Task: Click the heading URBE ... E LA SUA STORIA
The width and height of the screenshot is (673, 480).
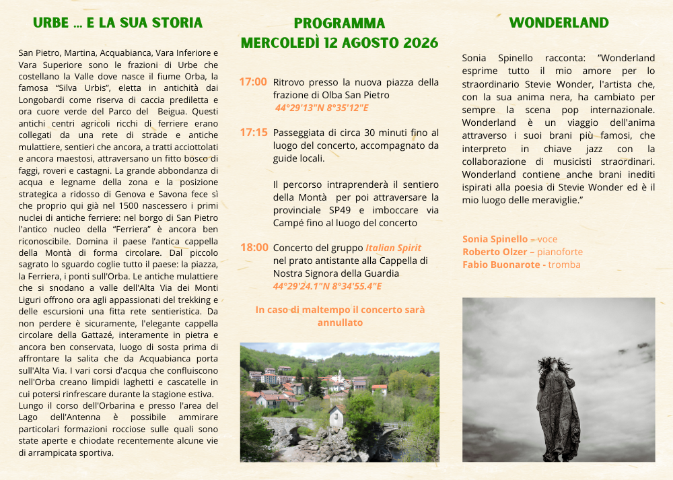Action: click(x=118, y=23)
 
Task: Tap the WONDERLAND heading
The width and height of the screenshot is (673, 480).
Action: click(x=559, y=23)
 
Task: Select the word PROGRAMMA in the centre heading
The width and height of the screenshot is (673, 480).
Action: click(x=339, y=24)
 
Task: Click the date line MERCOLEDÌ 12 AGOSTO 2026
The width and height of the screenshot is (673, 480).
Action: click(x=339, y=43)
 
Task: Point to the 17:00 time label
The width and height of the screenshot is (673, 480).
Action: click(x=253, y=82)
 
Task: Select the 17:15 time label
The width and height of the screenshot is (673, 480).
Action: click(x=254, y=132)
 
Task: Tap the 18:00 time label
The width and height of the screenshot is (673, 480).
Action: click(x=254, y=248)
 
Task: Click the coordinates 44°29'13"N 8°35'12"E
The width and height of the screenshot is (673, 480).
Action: click(x=322, y=108)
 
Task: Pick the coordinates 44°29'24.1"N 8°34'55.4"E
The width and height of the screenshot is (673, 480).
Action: click(x=327, y=286)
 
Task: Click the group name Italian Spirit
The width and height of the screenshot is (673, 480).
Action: click(x=393, y=248)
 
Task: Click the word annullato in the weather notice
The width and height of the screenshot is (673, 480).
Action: click(x=340, y=322)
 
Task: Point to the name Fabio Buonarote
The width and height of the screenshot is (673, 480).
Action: click(x=501, y=265)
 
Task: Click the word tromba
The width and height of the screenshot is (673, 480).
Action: click(x=565, y=265)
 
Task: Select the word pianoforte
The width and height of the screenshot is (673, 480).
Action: click(x=560, y=252)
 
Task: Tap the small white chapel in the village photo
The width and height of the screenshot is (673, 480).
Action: click(x=336, y=416)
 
